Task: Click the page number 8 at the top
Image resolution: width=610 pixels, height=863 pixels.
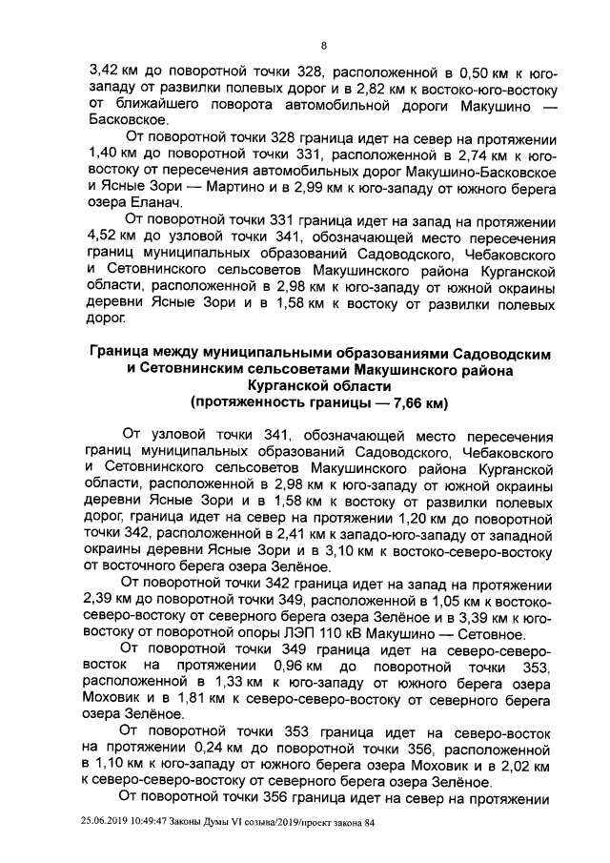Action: click(x=323, y=46)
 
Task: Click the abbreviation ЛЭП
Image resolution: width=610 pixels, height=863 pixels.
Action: click(x=349, y=636)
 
